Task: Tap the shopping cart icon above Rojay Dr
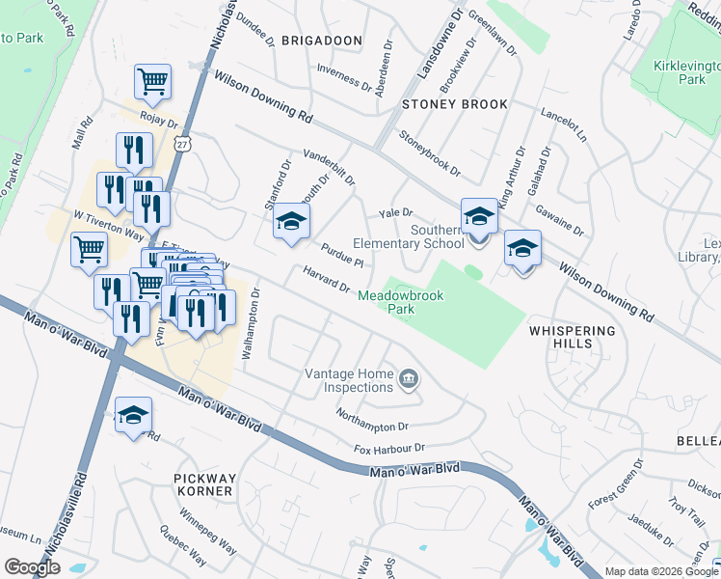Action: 153,82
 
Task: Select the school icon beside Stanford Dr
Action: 288,224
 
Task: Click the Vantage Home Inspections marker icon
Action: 409,380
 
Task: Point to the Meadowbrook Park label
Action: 401,303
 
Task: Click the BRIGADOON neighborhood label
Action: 322,41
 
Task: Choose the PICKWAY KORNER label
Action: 203,484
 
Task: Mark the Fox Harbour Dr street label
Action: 388,449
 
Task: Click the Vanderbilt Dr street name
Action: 329,167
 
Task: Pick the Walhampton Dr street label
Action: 251,324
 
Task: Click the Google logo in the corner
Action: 33,567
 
